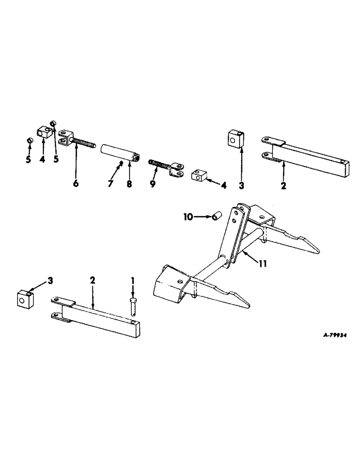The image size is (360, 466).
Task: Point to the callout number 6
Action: click(x=76, y=184)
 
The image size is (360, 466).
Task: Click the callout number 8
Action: click(x=130, y=184)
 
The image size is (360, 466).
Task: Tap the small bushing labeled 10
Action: click(x=216, y=217)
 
